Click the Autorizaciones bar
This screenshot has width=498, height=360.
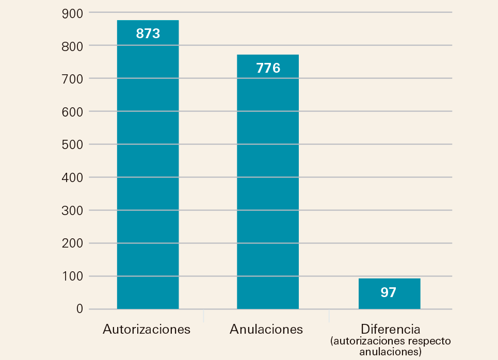[148, 170]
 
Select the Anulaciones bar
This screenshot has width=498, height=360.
[267, 186]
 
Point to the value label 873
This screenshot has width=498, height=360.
[148, 34]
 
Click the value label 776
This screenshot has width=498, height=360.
[268, 68]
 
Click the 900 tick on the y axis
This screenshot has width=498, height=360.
[72, 12]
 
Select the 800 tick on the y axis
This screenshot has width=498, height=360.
[72, 45]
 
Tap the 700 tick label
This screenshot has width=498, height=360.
[72, 78]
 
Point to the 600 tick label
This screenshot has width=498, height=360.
[72, 111]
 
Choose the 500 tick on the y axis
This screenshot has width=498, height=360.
[72, 144]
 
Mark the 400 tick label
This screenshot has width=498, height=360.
[72, 177]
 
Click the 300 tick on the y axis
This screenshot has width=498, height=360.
[72, 210]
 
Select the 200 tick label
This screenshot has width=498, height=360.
[72, 243]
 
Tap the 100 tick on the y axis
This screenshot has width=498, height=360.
[72, 276]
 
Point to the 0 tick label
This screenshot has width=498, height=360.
[79, 309]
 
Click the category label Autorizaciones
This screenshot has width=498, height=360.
[147, 329]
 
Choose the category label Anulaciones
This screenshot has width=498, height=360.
[266, 329]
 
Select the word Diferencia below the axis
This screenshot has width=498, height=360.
[391, 329]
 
